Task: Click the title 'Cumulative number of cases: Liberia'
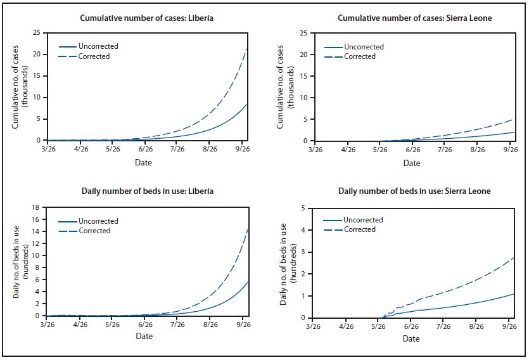click(x=146, y=18)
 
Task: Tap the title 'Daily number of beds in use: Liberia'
click(x=146, y=191)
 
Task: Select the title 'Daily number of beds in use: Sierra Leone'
click(x=414, y=191)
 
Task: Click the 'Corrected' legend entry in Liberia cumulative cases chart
click(x=94, y=56)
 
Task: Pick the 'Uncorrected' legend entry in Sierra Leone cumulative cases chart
click(x=364, y=46)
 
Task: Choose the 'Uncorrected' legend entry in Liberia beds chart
click(x=98, y=221)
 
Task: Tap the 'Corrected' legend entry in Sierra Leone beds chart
click(x=360, y=229)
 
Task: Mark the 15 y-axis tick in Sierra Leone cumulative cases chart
click(x=305, y=76)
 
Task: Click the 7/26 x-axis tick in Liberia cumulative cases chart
click(x=177, y=150)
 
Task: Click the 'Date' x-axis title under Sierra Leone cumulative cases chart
click(x=412, y=163)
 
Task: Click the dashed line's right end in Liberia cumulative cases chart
click(x=248, y=48)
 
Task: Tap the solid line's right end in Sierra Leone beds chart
click(x=514, y=293)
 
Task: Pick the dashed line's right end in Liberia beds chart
click(x=248, y=229)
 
